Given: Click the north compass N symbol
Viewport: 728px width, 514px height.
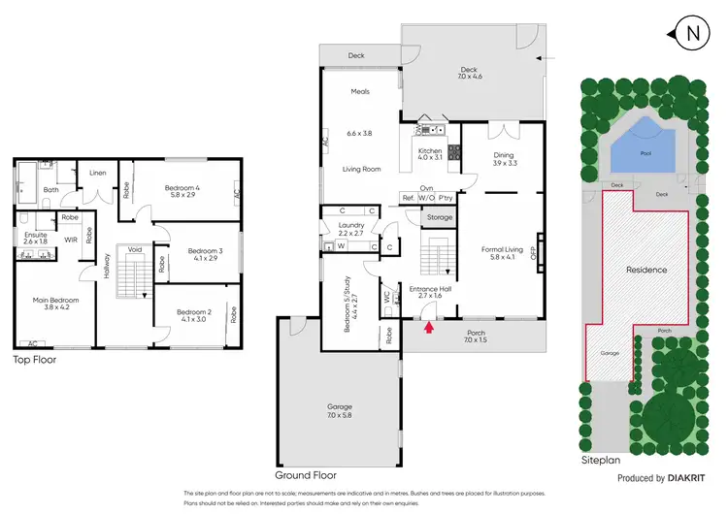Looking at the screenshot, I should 692,35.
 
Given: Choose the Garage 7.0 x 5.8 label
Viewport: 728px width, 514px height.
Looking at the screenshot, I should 340,411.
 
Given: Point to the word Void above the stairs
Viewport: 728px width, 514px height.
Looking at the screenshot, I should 134,249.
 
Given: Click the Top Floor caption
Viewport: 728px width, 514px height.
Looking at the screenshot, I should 33,360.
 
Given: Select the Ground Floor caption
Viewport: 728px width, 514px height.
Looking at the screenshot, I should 306,476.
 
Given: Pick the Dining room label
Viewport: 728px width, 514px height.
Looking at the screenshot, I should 502,158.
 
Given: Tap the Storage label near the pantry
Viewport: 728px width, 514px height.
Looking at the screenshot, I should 440,217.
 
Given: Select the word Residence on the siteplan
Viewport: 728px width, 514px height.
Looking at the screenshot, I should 645,270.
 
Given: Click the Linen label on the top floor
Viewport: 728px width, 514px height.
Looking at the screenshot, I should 97,174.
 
